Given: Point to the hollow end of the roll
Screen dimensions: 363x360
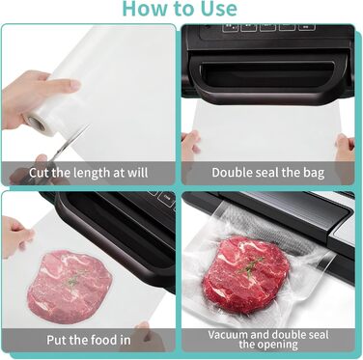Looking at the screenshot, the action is point(33,123).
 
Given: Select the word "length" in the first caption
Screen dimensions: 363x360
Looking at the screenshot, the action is point(92,173).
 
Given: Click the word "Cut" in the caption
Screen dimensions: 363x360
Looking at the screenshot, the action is point(39,173).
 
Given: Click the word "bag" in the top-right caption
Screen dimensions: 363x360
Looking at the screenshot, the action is point(313,173).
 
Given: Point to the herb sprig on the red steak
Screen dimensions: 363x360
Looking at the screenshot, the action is point(249,266).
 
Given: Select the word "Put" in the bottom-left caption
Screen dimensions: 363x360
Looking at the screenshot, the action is point(57,340).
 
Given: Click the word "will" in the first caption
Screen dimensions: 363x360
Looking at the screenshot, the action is point(138,173).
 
